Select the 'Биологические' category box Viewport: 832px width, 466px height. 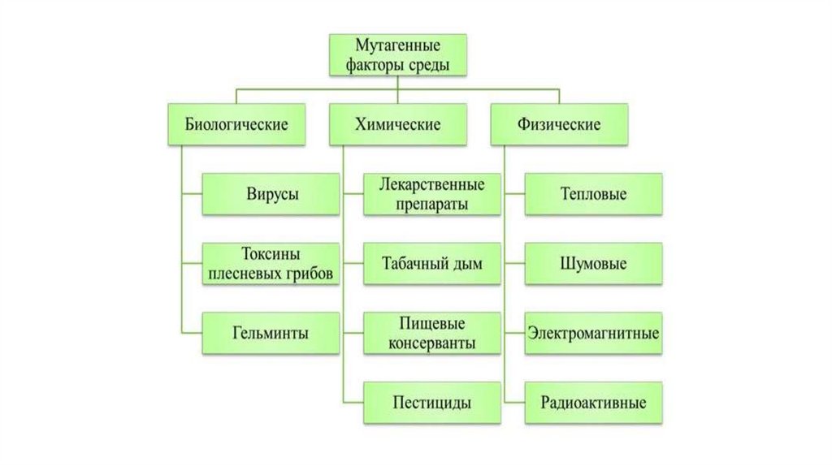point(236,124)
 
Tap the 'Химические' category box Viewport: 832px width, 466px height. point(397,124)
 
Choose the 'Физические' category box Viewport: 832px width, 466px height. point(559,124)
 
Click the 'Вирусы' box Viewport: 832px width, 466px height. point(271,194)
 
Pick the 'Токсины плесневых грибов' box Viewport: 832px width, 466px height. point(271,263)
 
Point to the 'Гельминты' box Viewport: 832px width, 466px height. point(271,333)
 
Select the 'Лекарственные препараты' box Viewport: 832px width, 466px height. point(431,194)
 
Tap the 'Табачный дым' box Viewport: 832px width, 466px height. point(431,263)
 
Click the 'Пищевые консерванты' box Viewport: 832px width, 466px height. point(431,333)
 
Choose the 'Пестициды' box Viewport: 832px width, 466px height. point(431,402)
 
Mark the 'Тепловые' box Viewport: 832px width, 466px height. point(593,194)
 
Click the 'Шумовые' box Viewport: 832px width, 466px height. point(593,263)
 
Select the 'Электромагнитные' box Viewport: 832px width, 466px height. point(593,333)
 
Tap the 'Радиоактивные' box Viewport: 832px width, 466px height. point(593,402)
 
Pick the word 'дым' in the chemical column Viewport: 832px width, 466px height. point(466,264)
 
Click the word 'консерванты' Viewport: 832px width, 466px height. point(431,343)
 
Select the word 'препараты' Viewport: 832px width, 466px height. point(431,204)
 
